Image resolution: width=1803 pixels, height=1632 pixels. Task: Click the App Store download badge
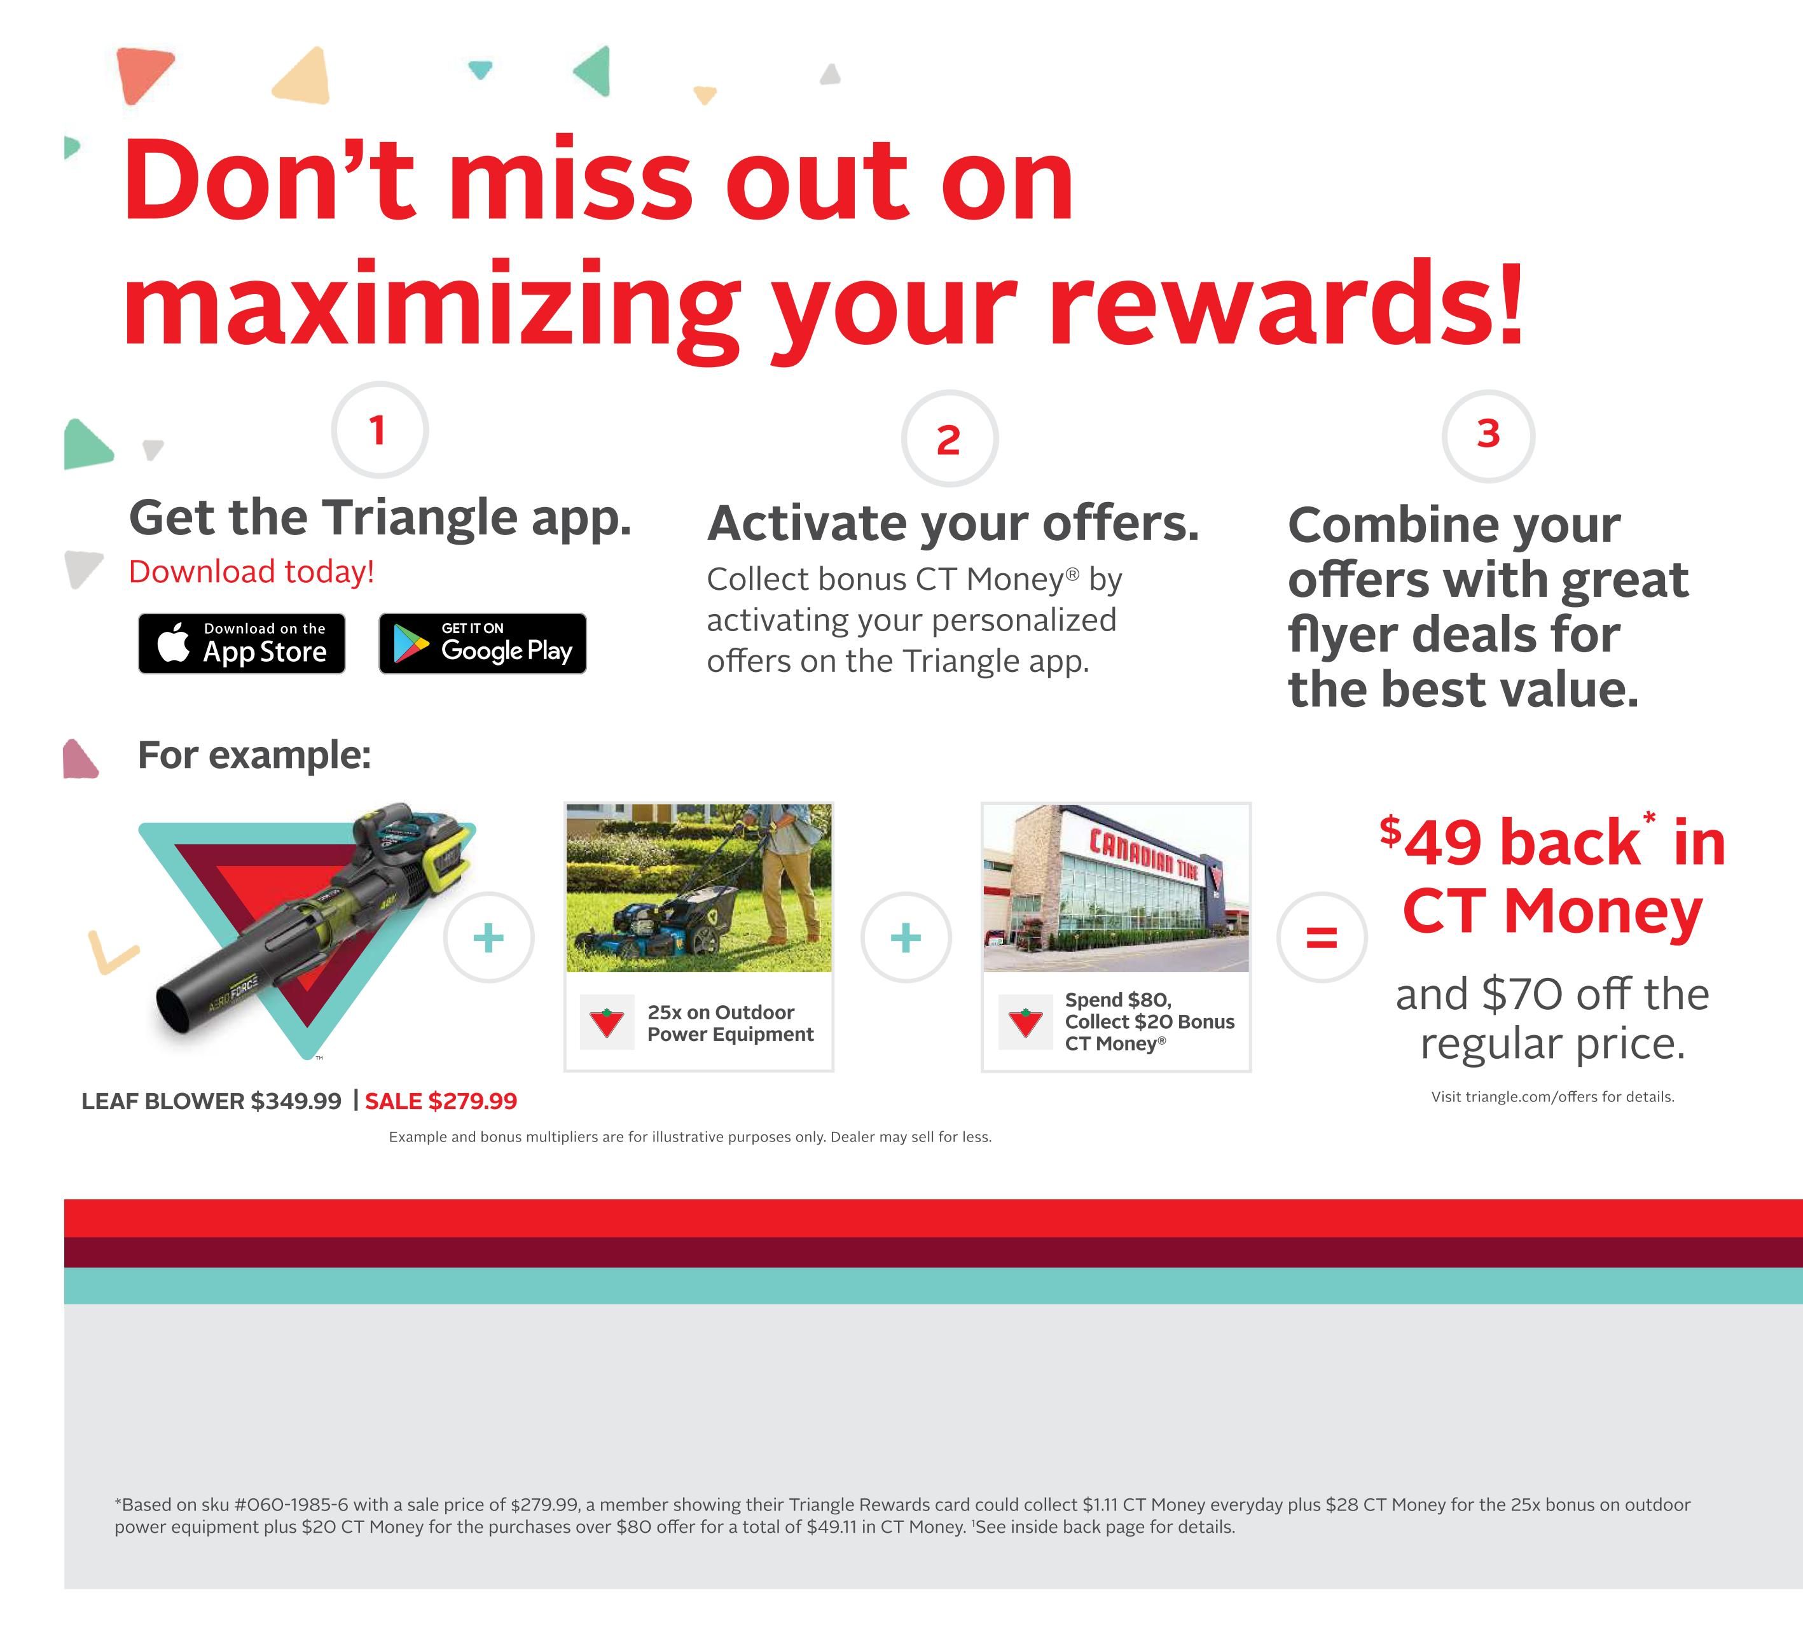242,643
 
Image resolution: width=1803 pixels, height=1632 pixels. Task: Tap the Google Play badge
483,643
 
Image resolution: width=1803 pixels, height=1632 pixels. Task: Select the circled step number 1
379,430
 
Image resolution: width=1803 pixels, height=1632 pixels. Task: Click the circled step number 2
949,438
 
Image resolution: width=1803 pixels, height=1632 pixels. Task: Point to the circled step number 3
1488,436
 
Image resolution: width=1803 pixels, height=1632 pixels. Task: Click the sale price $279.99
441,1101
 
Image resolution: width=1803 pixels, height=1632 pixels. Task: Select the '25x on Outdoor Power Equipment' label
731,1022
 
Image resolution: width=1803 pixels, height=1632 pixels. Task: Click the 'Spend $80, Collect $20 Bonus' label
1149,1010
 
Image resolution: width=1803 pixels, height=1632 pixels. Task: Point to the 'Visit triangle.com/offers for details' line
1552,1097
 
